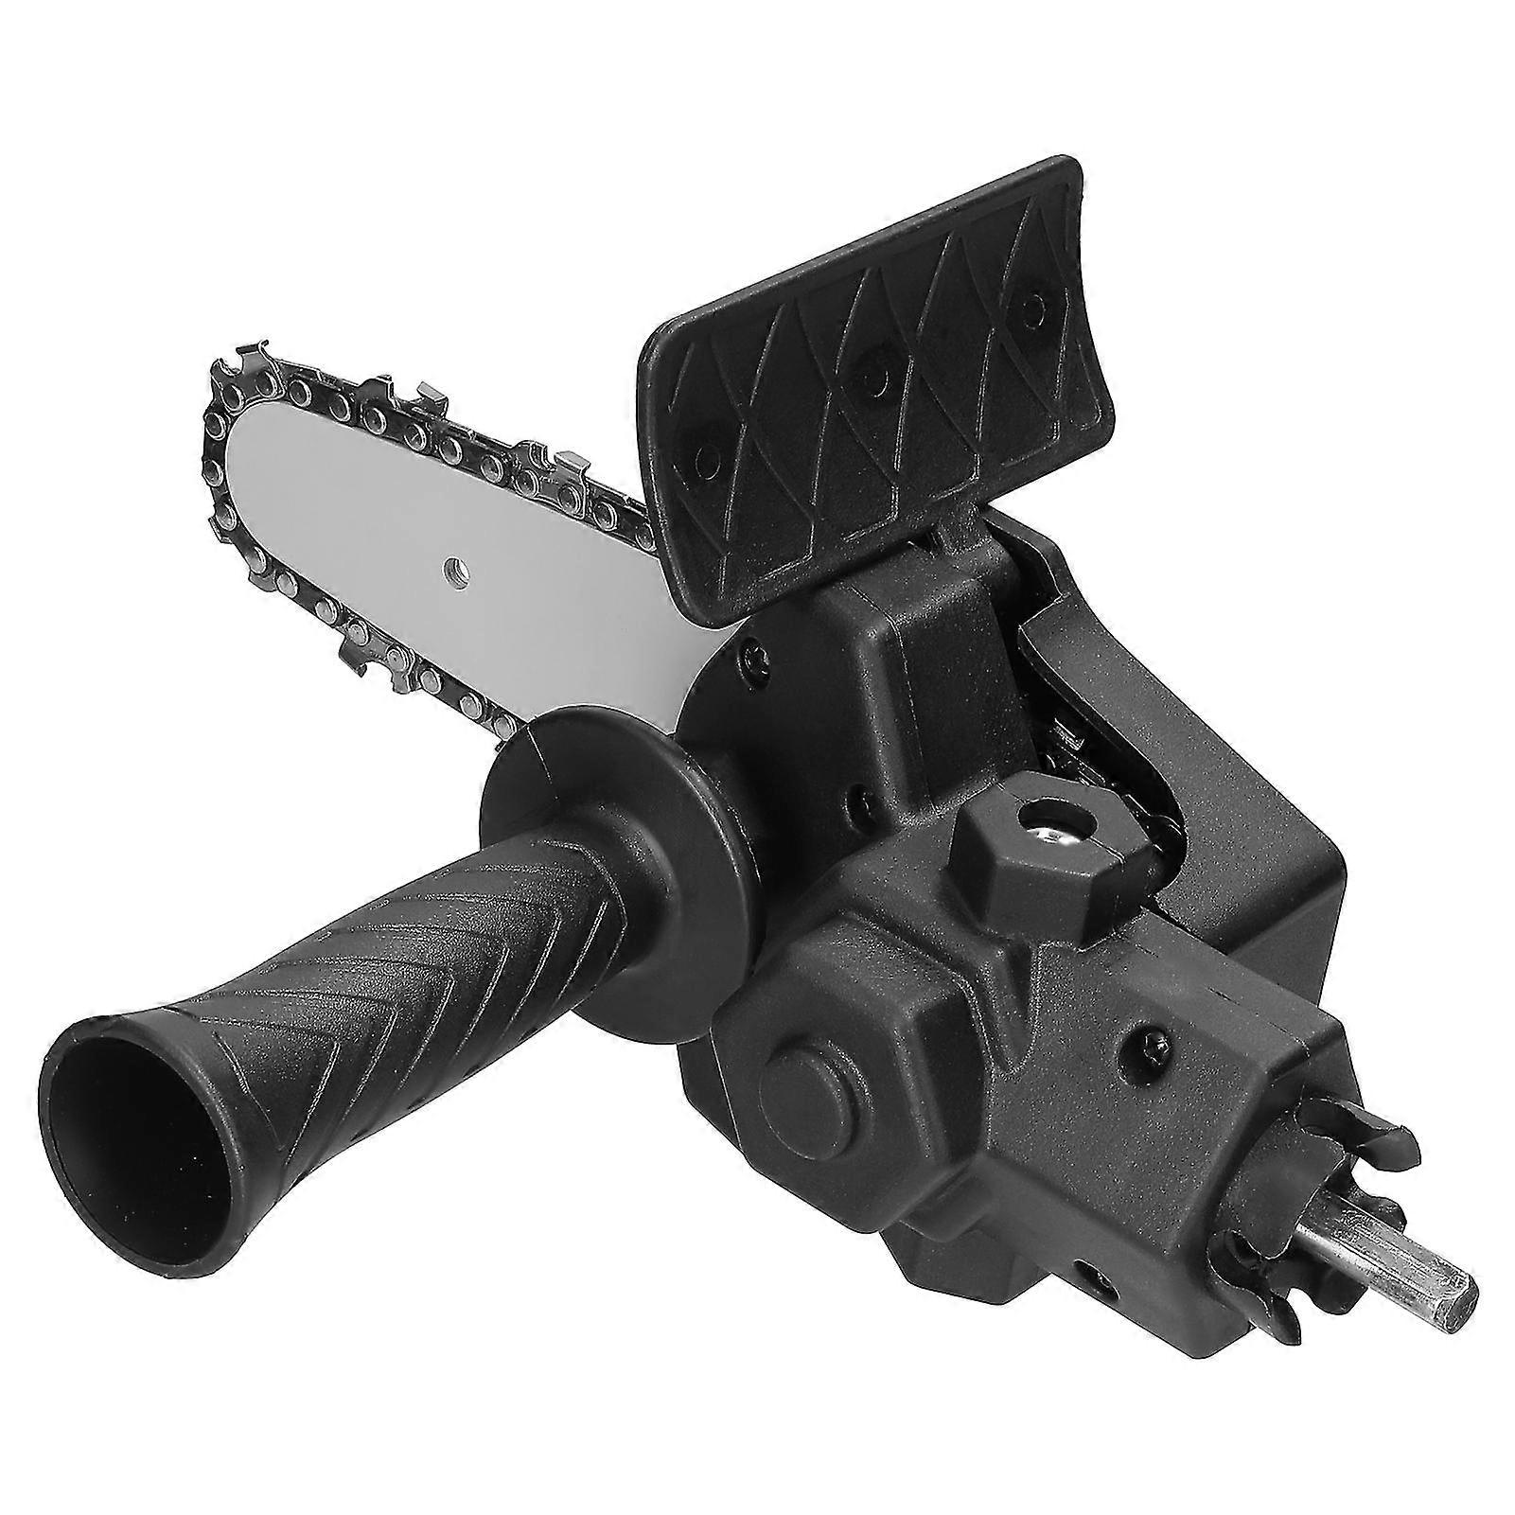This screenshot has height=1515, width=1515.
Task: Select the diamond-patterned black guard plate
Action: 871,379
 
